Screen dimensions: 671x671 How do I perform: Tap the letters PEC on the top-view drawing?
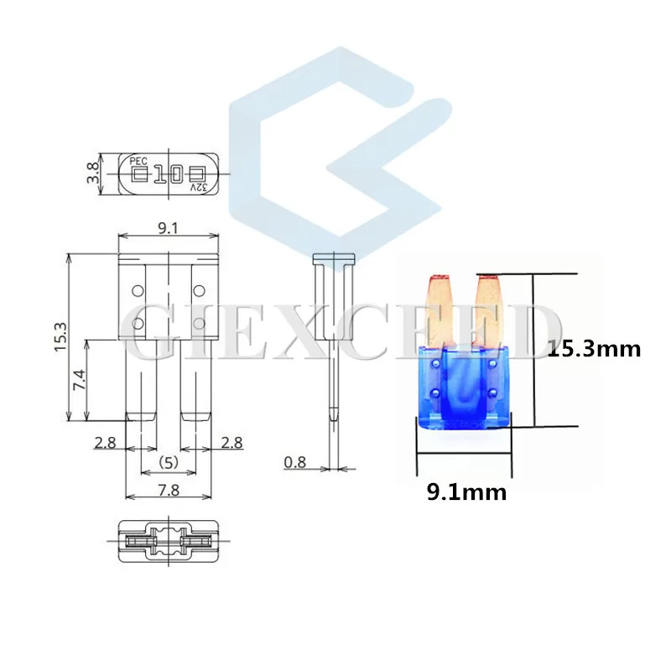(x=138, y=159)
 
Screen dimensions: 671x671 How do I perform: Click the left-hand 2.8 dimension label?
(x=105, y=443)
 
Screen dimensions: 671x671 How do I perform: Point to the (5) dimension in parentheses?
(x=169, y=461)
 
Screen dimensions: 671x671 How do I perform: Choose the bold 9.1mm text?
(x=466, y=492)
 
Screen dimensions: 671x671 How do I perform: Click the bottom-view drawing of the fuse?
(x=168, y=543)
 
